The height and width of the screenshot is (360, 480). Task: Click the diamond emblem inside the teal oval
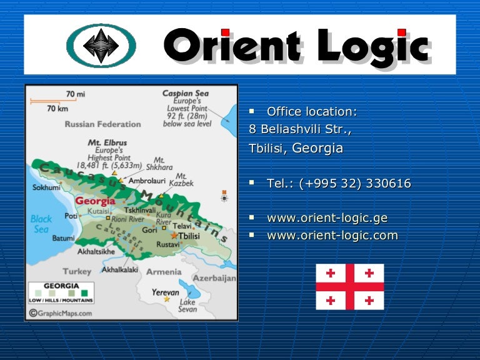click(101, 46)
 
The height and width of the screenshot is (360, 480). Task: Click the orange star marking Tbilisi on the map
click(174, 236)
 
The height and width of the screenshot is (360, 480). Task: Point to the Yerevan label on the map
click(166, 292)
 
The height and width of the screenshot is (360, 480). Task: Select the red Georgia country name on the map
click(95, 201)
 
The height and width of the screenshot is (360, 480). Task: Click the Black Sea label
click(41, 224)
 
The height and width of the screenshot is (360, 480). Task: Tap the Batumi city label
click(63, 238)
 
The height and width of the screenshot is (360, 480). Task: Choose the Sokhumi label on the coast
click(46, 187)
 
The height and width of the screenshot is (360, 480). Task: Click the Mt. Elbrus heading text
click(107, 142)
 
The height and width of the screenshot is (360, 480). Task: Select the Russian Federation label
click(103, 124)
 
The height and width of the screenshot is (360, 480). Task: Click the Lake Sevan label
click(187, 306)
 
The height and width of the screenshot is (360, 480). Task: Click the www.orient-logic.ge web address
click(327, 218)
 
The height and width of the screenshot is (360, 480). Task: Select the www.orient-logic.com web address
click(332, 236)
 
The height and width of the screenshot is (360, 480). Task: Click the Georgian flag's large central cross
click(350, 287)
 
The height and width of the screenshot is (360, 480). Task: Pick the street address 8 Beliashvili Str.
click(300, 129)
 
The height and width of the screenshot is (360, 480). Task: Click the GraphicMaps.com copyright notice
click(61, 313)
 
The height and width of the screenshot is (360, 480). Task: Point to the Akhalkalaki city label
click(120, 270)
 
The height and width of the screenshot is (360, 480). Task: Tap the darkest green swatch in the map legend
click(84, 293)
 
